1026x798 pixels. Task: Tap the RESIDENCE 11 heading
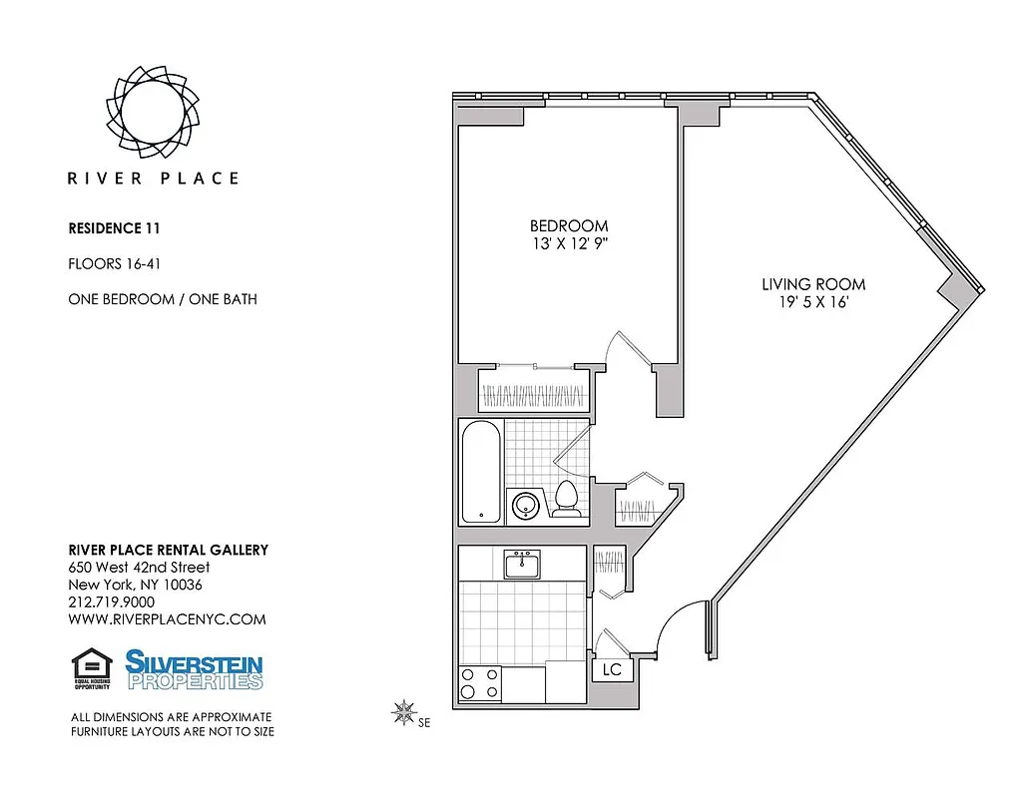(114, 227)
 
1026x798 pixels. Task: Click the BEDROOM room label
(568, 226)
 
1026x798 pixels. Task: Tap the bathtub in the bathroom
(480, 471)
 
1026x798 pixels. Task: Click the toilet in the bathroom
(567, 499)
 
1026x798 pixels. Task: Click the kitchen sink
(522, 565)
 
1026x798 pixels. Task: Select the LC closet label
(612, 669)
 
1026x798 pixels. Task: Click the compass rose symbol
(404, 711)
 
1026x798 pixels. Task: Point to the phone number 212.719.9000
(111, 601)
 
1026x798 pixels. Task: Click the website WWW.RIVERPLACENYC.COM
(167, 618)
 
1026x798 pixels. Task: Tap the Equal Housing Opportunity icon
(93, 668)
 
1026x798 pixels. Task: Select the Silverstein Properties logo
(194, 669)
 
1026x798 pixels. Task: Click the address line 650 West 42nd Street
(139, 568)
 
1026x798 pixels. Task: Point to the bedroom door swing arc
(629, 345)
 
